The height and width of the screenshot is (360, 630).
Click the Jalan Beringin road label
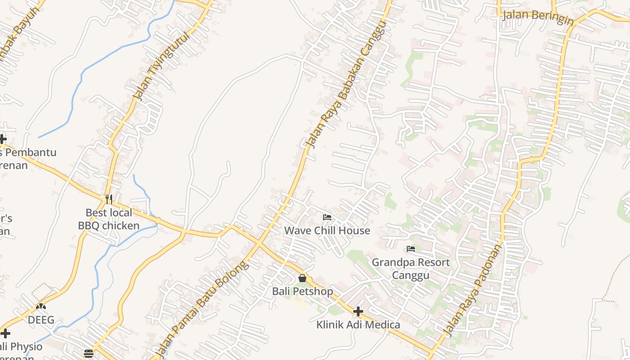coord(538,16)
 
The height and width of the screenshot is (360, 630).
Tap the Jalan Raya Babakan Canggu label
coord(346,84)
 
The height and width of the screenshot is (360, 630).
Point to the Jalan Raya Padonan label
coord(472,290)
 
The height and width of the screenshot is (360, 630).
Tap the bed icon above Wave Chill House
coord(327,217)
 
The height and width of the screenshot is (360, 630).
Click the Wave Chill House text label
coord(327,231)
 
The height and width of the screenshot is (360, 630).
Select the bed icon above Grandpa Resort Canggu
coord(410,248)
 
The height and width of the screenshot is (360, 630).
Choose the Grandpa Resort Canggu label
coord(410,269)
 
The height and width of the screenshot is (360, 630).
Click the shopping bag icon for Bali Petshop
coord(302,278)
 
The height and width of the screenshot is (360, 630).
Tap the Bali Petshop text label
coord(302,292)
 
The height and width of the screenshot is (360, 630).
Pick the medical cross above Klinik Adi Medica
coord(358,311)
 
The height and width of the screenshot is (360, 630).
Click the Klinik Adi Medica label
coord(358,325)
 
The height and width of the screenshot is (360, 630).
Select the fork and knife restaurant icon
coord(108,199)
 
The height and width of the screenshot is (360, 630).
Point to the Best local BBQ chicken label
coord(109,219)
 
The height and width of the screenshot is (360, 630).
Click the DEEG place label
coord(41,320)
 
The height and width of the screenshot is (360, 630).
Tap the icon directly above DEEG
coord(41,307)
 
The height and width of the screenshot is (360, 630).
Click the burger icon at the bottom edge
coord(89,354)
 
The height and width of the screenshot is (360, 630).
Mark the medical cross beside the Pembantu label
coord(3,139)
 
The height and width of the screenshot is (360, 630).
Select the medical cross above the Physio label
coord(5,333)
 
